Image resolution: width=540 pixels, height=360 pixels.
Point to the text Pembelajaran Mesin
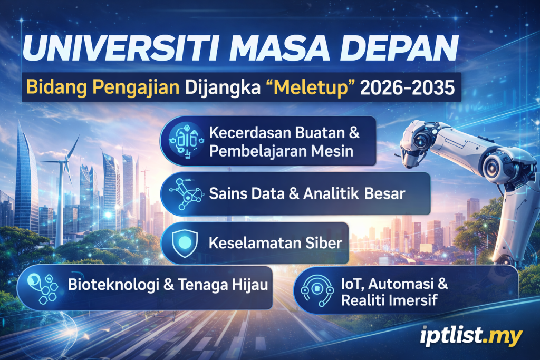point(280,151)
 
